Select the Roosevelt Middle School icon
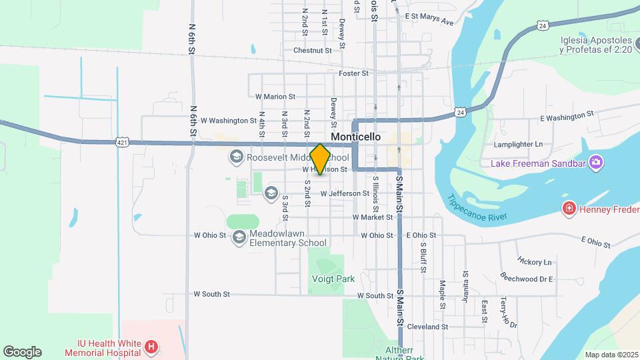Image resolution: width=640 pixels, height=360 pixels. (235, 157)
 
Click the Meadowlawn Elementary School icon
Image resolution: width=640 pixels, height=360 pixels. (239, 238)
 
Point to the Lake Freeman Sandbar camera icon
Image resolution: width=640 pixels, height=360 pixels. (595, 163)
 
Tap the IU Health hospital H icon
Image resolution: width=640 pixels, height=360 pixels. (151, 347)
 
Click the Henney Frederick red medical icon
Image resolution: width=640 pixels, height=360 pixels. (569, 209)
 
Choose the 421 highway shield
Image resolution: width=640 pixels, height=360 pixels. (121, 142)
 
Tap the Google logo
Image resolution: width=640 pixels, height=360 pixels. (22, 352)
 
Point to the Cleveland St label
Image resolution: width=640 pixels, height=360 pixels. (427, 327)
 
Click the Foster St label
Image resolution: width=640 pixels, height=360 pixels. (353, 73)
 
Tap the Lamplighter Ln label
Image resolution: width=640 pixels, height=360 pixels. (518, 144)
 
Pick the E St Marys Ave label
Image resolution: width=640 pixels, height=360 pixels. (429, 18)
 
